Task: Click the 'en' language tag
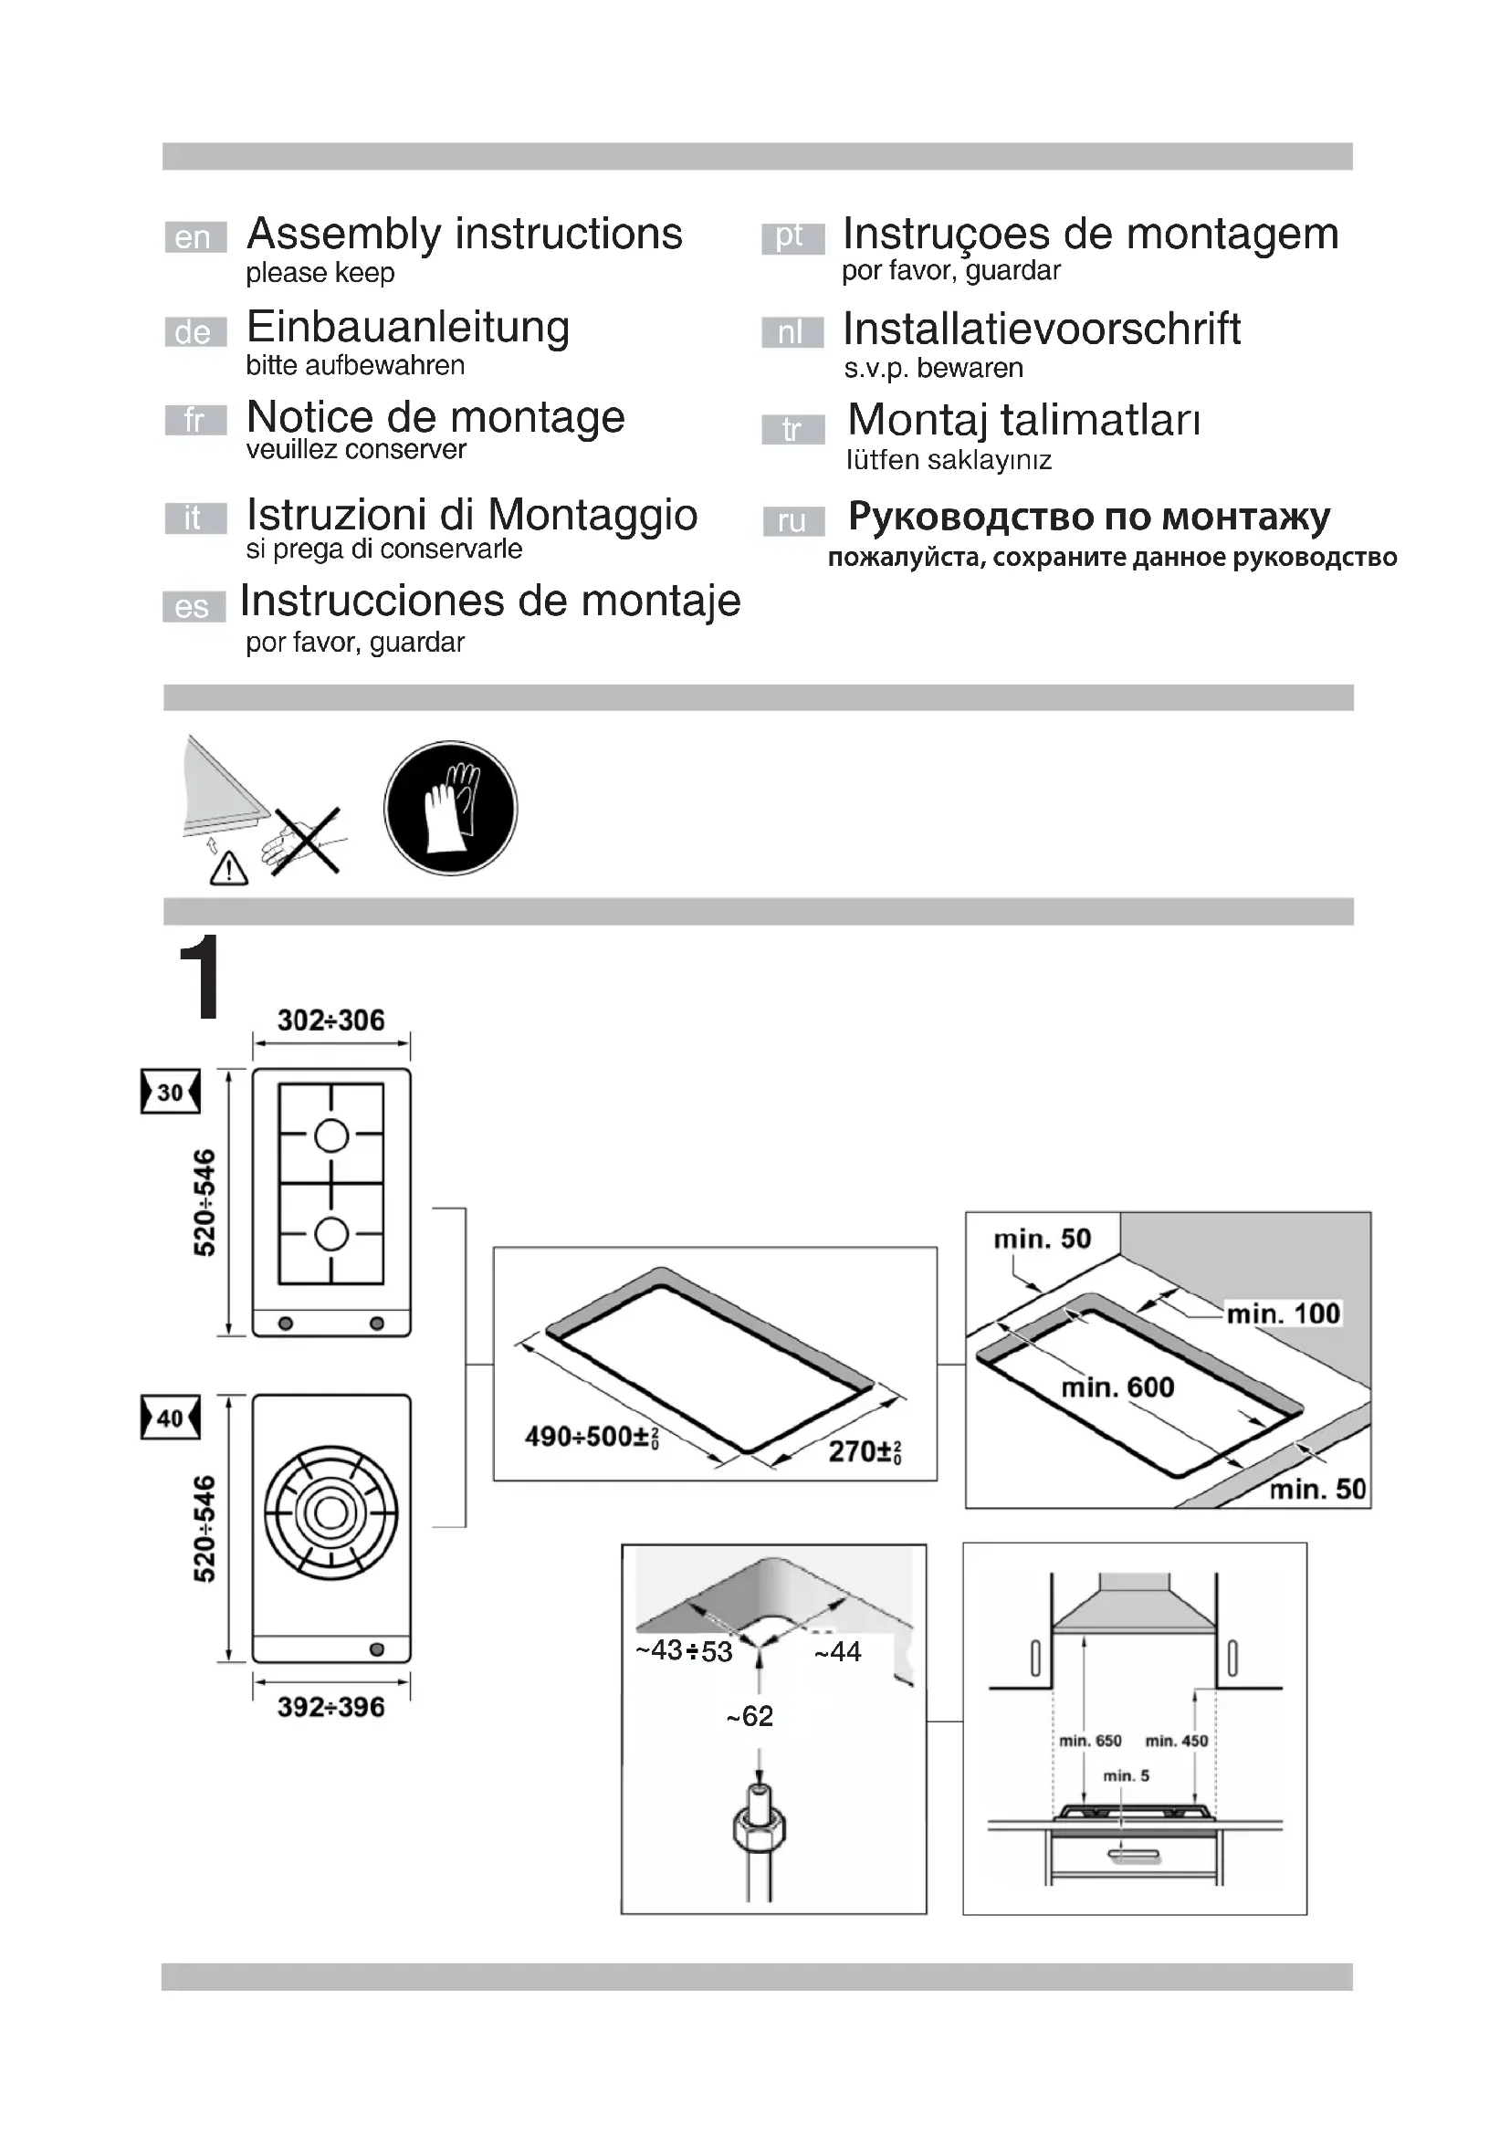194,237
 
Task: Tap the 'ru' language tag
792,520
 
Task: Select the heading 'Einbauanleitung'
408,328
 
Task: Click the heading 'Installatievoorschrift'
1042,330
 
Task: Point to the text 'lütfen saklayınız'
949,460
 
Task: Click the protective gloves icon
451,807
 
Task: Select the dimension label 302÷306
331,1020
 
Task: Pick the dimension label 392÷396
331,1707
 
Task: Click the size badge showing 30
170,1092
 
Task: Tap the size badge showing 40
170,1418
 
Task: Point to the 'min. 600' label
1117,1387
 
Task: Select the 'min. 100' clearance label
1283,1313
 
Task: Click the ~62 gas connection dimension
750,1716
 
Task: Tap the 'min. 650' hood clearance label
1090,1741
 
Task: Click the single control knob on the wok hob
376,1649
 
